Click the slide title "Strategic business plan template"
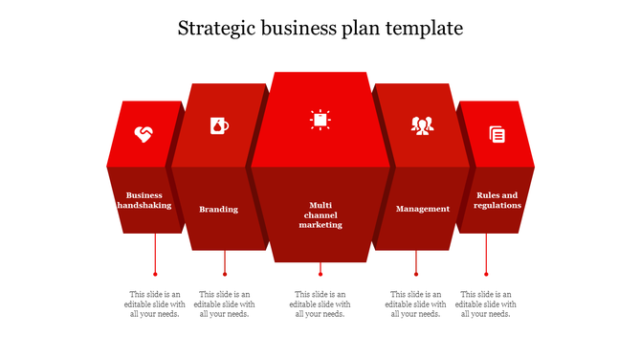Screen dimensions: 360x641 pyautogui.click(x=320, y=29)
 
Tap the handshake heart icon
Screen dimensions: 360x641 pyautogui.click(x=144, y=134)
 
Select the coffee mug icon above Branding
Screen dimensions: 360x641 pyautogui.click(x=219, y=125)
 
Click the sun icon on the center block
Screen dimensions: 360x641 pyautogui.click(x=320, y=119)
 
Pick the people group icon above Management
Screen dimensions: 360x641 pyautogui.click(x=422, y=125)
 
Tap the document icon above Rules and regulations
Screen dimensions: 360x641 pyautogui.click(x=497, y=135)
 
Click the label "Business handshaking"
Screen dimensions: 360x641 pyautogui.click(x=144, y=200)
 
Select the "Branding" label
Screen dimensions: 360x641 pyautogui.click(x=218, y=209)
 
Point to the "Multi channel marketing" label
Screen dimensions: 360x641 pyautogui.click(x=320, y=214)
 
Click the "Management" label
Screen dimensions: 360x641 pyautogui.click(x=422, y=209)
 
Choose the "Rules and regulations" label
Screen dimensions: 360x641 pyautogui.click(x=497, y=200)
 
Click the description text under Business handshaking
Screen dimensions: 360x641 pyautogui.click(x=155, y=304)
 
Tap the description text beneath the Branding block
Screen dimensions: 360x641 pyautogui.click(x=225, y=304)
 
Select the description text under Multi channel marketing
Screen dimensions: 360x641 pyautogui.click(x=320, y=304)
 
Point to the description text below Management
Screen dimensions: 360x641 pyautogui.click(x=416, y=304)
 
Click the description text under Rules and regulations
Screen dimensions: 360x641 pyautogui.click(x=486, y=304)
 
